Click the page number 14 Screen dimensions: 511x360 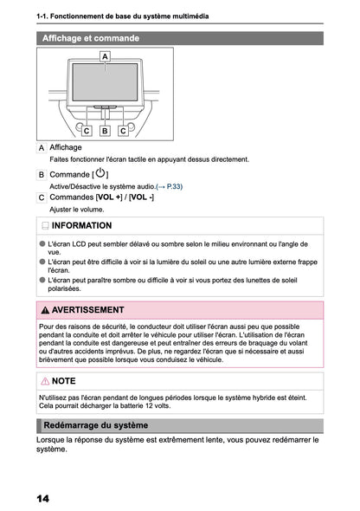click(x=42, y=499)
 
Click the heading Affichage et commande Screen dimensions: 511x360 click(x=91, y=38)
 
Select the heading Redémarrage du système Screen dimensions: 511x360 click(x=95, y=425)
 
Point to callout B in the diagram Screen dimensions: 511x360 click(x=105, y=131)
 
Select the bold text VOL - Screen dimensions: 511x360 click(x=142, y=197)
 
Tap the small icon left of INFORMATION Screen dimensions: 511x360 click(x=45, y=225)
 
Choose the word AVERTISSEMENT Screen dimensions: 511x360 click(x=87, y=309)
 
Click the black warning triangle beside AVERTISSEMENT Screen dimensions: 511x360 click(x=45, y=309)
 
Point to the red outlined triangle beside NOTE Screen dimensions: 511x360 click(x=45, y=380)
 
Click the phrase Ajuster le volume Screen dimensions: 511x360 click(x=77, y=209)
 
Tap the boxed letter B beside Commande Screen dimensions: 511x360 click(x=42, y=174)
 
